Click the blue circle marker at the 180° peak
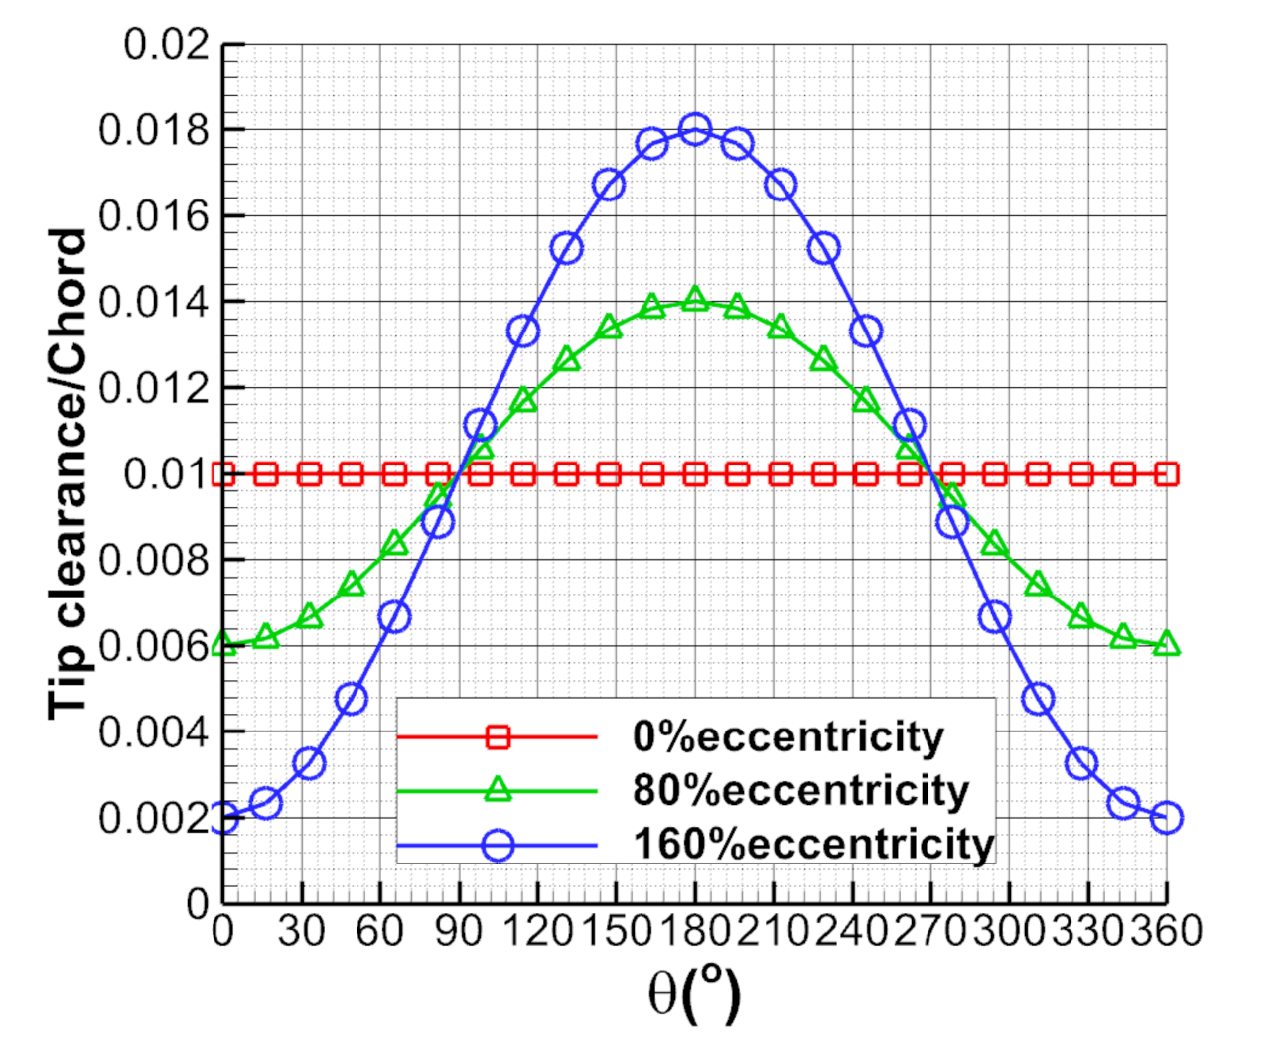(694, 130)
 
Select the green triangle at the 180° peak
(694, 300)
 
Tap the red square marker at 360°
(1167, 473)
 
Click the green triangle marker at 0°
(224, 645)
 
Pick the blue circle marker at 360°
(1167, 818)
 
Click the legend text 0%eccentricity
(787, 737)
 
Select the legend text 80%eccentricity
(800, 791)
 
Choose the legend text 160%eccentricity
(813, 845)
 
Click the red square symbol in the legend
(498, 736)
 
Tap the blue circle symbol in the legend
(498, 846)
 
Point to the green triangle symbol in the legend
(498, 790)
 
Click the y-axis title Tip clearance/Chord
(69, 473)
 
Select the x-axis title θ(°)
(694, 995)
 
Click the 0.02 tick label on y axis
(167, 45)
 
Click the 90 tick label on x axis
(458, 932)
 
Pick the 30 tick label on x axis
(301, 932)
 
